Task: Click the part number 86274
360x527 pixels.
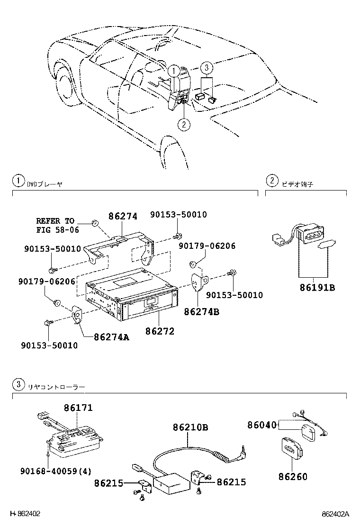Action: (122, 217)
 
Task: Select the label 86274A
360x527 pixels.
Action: (111, 337)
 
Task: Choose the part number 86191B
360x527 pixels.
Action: (317, 287)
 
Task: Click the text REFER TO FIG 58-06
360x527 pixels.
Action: (55, 226)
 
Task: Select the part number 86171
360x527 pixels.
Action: (78, 408)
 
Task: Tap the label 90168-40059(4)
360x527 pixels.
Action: (55, 471)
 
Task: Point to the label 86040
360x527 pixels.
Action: (261, 425)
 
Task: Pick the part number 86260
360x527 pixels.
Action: (293, 476)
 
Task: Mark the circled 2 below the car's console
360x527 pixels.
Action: (184, 125)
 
